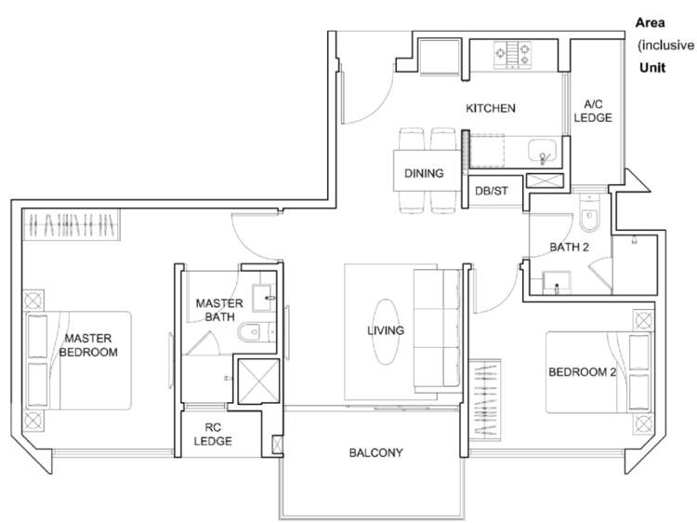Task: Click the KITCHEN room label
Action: (x=491, y=108)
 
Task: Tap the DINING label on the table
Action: (x=424, y=173)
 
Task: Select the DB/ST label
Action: (x=492, y=191)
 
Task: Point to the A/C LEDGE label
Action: (x=593, y=111)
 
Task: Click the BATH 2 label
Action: (x=569, y=247)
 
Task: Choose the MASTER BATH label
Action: (x=219, y=310)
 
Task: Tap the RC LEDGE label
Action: (x=213, y=435)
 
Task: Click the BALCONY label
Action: (x=376, y=452)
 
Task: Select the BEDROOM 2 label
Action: (x=583, y=372)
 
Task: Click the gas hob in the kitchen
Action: (x=512, y=55)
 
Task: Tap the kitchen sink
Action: (x=543, y=151)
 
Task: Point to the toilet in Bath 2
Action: (x=589, y=214)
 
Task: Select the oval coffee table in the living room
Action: (x=386, y=331)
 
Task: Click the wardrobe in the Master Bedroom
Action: (x=72, y=225)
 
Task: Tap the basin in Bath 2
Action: (x=557, y=283)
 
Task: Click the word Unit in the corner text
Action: (x=652, y=68)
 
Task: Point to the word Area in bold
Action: (x=650, y=22)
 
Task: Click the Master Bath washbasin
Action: (x=264, y=298)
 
